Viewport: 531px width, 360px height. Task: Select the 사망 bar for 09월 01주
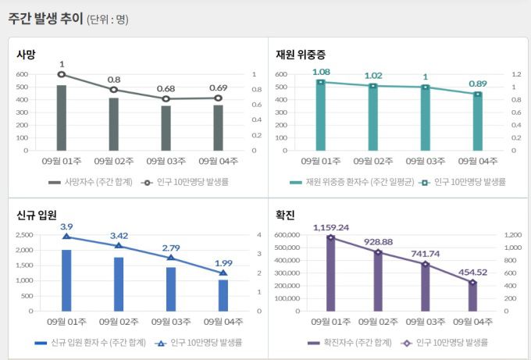click(x=62, y=117)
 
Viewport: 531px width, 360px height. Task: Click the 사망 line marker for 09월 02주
click(x=114, y=89)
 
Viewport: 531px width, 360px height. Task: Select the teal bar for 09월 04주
click(x=476, y=122)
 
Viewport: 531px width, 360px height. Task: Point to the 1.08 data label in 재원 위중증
click(x=321, y=72)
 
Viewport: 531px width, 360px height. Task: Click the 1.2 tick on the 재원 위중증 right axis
click(x=515, y=75)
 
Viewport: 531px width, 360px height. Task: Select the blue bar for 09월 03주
click(x=171, y=289)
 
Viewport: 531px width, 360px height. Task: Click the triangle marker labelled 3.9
click(x=66, y=236)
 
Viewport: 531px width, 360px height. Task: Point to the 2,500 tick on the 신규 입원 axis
click(x=24, y=235)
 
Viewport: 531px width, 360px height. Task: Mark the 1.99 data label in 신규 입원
click(x=223, y=262)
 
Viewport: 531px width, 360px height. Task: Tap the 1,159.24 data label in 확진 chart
click(x=331, y=227)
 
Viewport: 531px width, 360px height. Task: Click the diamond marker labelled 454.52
click(x=472, y=282)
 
